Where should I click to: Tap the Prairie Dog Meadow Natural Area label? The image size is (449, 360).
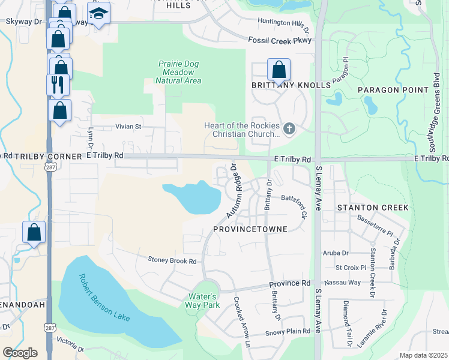click(x=178, y=72)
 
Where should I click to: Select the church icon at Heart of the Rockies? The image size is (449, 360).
click(x=289, y=128)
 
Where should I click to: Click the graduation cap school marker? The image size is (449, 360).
click(x=98, y=13)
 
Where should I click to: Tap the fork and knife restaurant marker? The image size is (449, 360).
click(x=58, y=85)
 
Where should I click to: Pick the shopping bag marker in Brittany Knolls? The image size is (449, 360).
click(x=279, y=70)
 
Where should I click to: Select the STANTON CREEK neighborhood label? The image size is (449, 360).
click(x=372, y=208)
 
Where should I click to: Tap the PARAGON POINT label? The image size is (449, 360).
click(x=387, y=90)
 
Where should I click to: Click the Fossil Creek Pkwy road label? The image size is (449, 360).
click(x=280, y=41)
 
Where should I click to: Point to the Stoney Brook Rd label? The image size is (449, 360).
click(x=172, y=260)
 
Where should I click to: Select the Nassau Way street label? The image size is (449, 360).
click(x=342, y=282)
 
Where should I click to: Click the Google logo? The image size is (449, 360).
click(x=20, y=352)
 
